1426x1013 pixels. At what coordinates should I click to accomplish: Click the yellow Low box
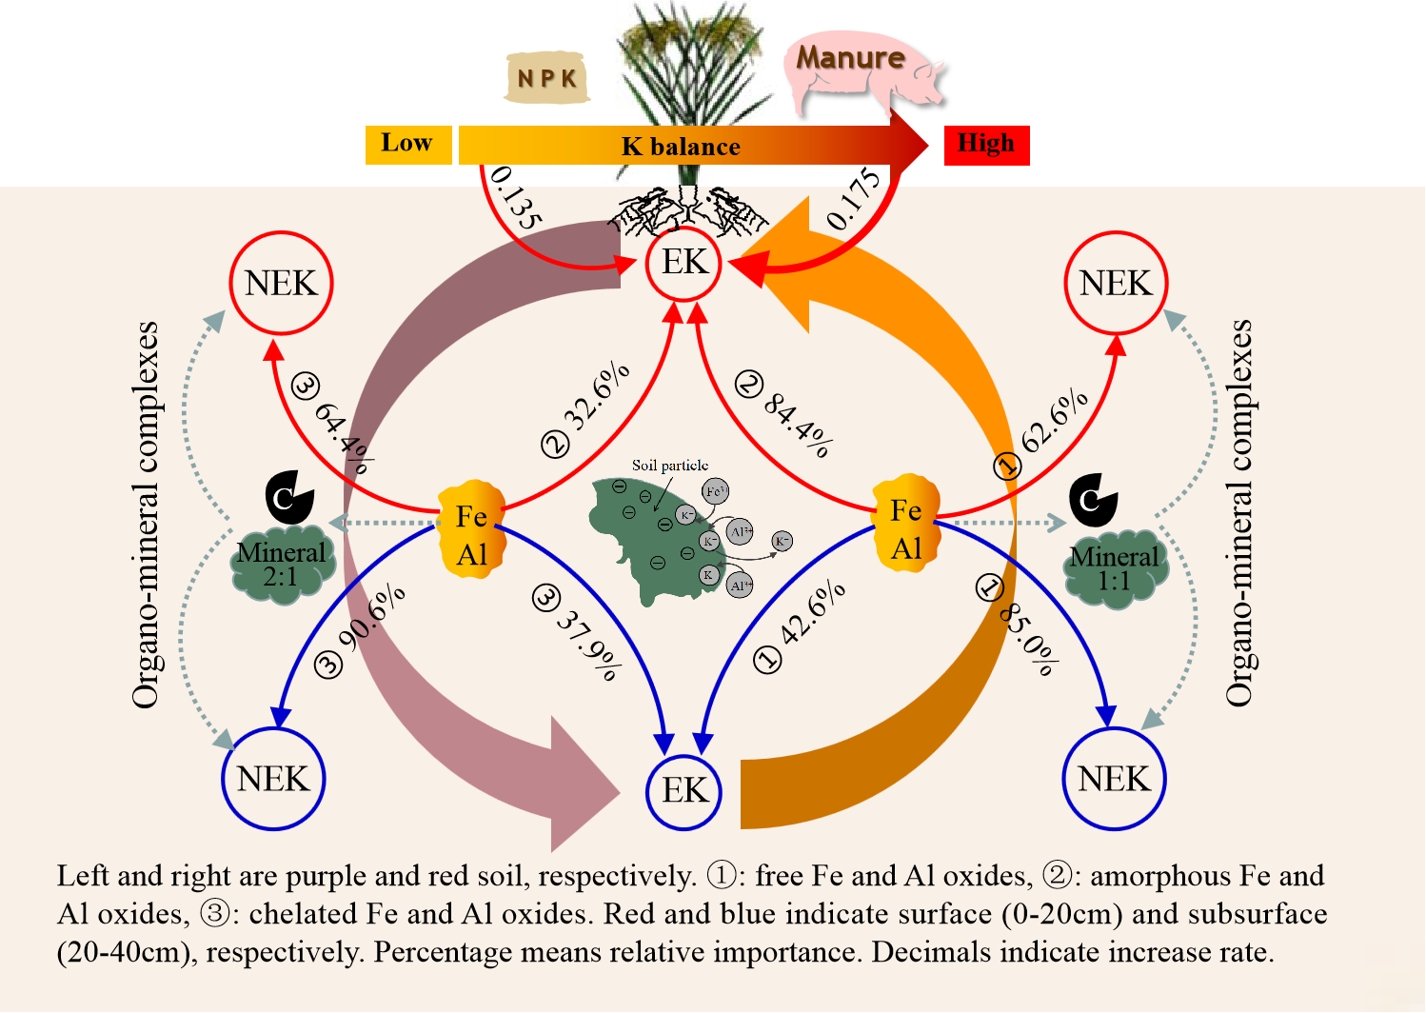click(408, 145)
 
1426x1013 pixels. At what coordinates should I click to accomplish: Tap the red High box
click(986, 145)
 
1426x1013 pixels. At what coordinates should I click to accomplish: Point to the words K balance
click(681, 147)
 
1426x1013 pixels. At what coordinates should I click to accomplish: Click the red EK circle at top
click(684, 263)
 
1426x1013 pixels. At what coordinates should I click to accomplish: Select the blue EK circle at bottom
click(684, 790)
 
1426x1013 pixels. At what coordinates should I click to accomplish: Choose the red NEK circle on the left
click(281, 283)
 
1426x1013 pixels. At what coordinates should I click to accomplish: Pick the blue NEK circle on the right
click(1114, 779)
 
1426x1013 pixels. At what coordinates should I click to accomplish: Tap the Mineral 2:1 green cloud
click(282, 566)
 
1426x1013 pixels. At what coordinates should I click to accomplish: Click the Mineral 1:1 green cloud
click(1115, 569)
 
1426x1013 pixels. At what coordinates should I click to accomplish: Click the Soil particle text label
click(670, 466)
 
